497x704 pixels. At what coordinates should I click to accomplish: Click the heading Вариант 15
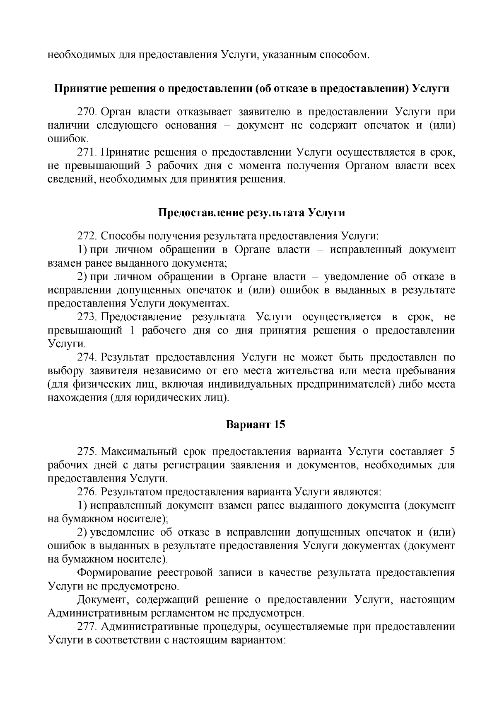coord(256,425)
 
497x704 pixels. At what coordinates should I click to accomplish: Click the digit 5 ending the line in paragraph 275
coord(452,452)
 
